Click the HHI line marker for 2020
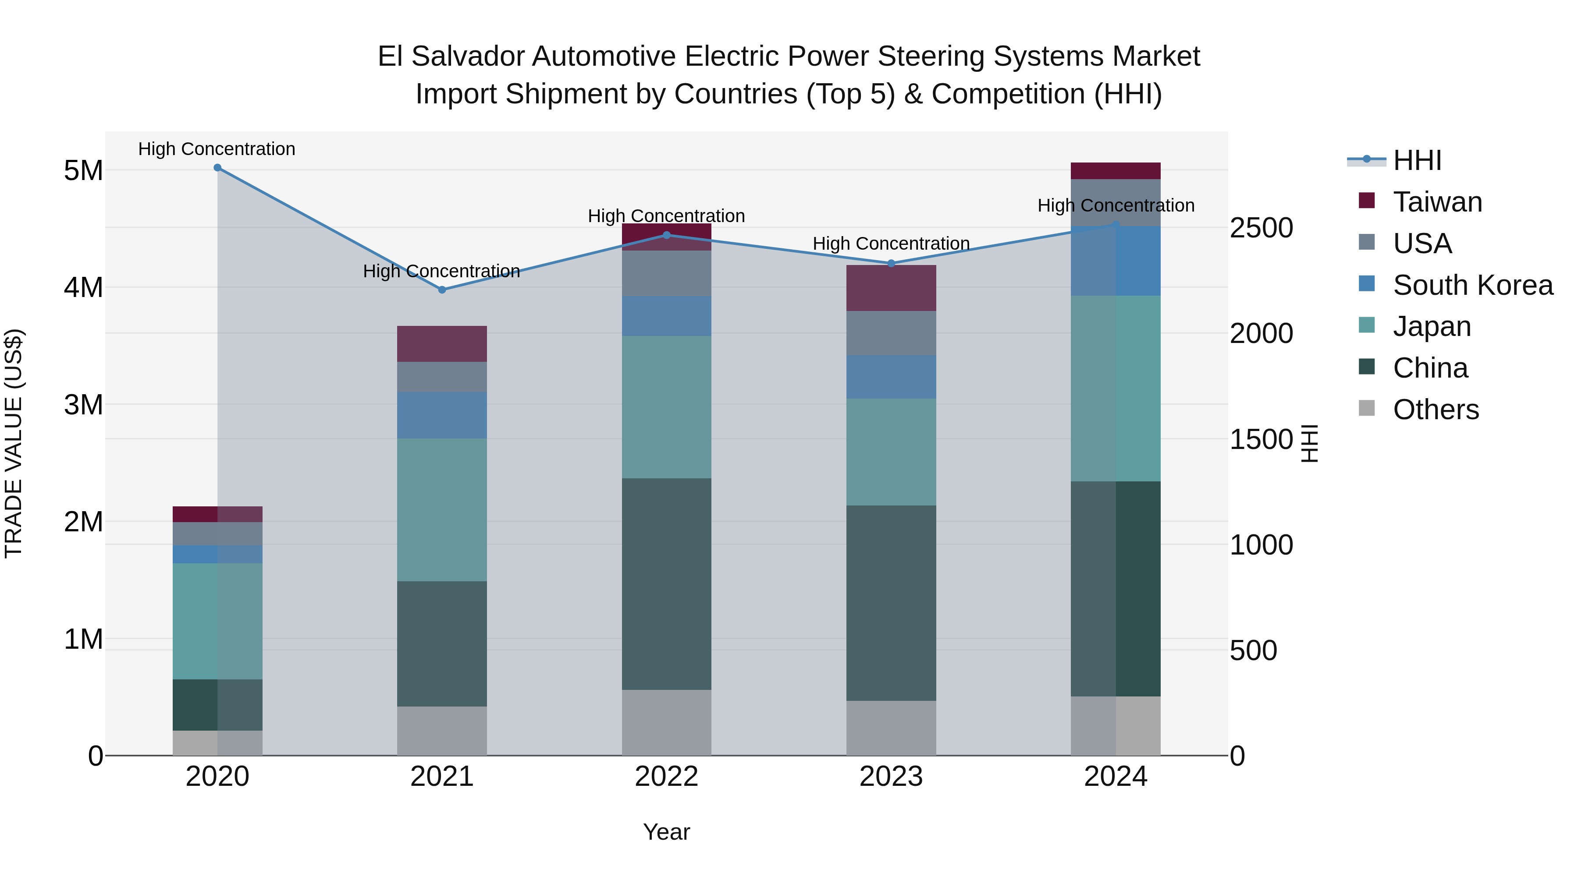pos(217,168)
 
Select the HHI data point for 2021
pos(442,290)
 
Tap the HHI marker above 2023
pos(891,264)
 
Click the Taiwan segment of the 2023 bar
pos(891,288)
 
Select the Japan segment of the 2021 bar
pos(442,509)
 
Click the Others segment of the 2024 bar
pos(1116,725)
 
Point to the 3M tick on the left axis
pos(83,405)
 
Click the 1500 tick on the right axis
pos(1261,439)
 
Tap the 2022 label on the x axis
pos(666,777)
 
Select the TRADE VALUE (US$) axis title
pos(14,443)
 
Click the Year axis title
pos(666,832)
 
